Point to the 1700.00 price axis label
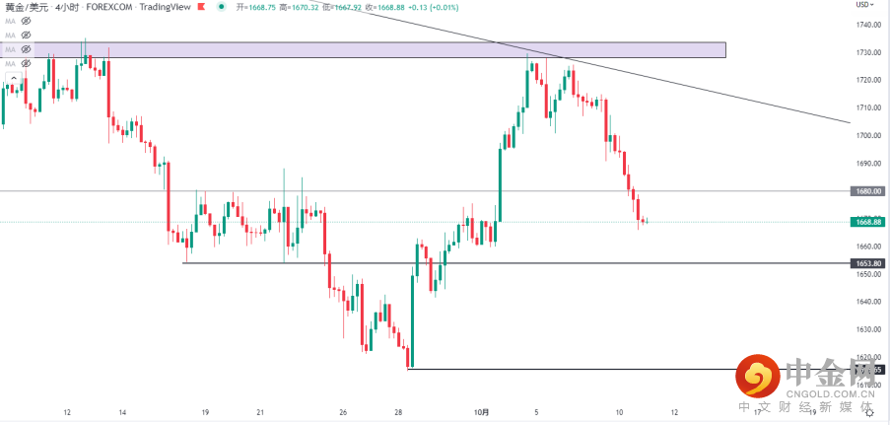point(867,136)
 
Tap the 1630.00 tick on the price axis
point(867,330)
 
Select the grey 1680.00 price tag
point(867,192)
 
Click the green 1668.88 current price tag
point(867,222)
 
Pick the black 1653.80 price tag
point(867,263)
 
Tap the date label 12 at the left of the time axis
point(67,412)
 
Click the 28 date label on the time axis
point(396,412)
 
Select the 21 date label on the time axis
point(259,412)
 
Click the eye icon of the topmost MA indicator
point(26,20)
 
